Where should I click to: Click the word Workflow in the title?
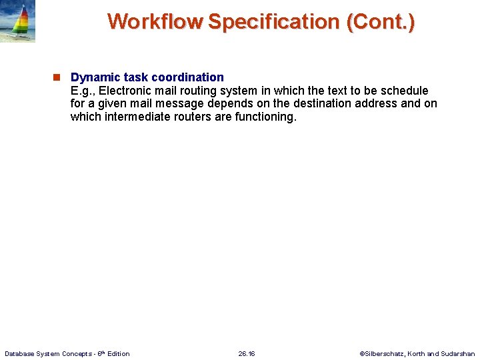click(x=155, y=21)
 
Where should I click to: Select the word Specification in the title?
click(x=274, y=21)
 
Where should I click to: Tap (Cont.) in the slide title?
click(x=380, y=21)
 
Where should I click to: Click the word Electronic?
click(x=123, y=91)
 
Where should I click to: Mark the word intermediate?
click(x=139, y=117)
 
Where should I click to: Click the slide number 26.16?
click(x=247, y=353)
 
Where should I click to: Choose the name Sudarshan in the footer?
click(x=458, y=353)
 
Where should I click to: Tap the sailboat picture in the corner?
click(x=17, y=22)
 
